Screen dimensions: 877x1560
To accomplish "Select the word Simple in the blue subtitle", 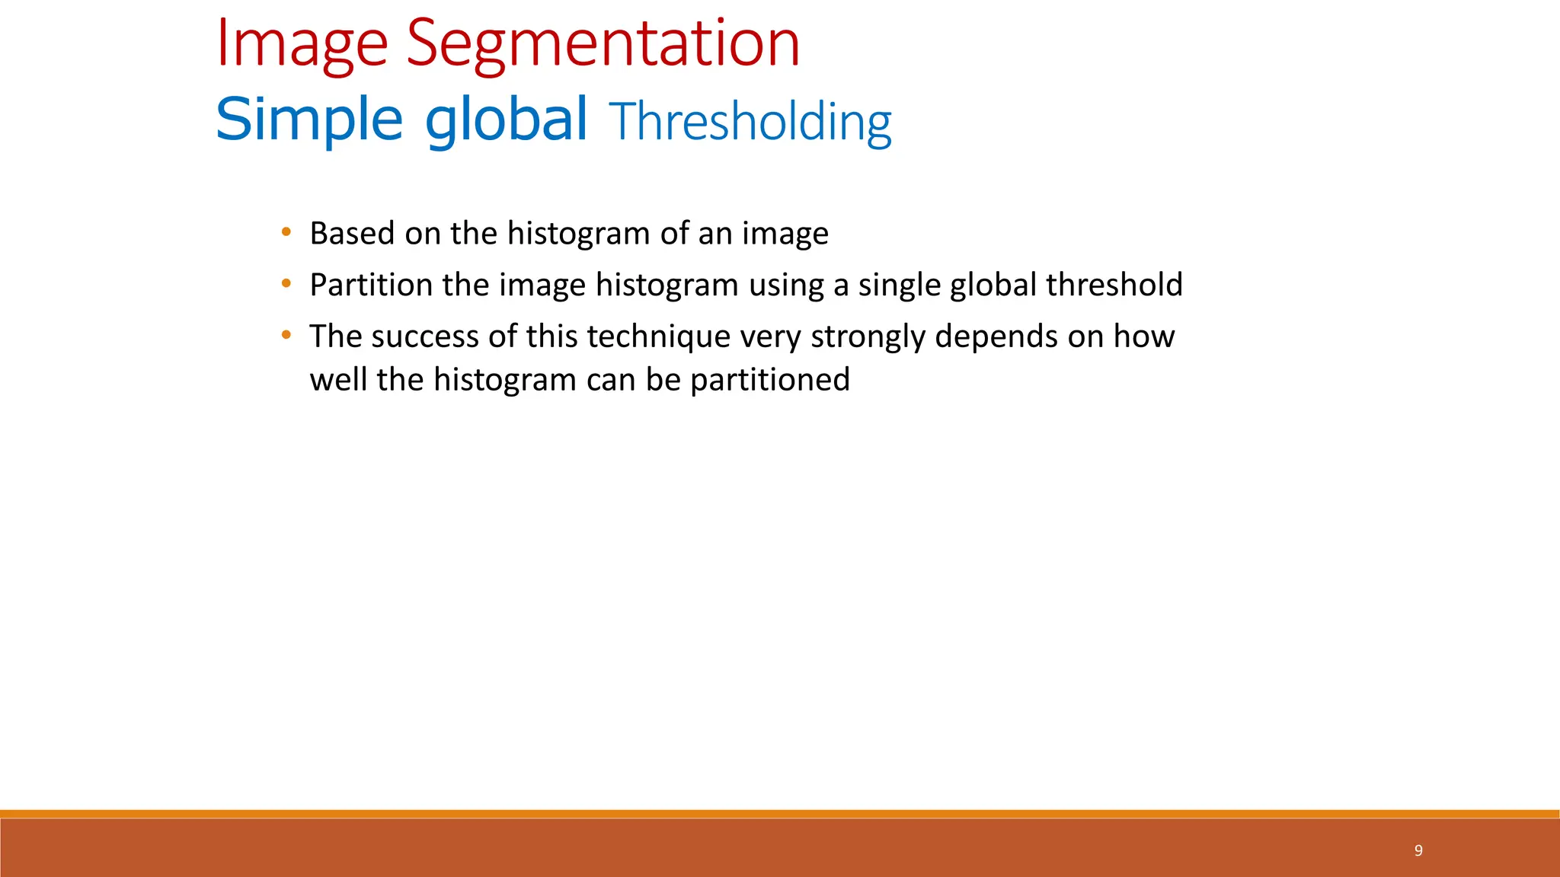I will [308, 120].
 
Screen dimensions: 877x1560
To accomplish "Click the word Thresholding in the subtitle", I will [750, 122].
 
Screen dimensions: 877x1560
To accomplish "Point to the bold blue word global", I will [506, 120].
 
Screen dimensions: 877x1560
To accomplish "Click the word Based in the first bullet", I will [352, 233].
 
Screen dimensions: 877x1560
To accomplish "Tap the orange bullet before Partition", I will [286, 283].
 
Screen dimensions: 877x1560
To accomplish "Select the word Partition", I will [371, 285].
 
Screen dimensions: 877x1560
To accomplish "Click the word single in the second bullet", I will [898, 285].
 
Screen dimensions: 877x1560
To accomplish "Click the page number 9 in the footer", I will [1418, 850].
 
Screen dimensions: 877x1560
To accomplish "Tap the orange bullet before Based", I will [286, 231].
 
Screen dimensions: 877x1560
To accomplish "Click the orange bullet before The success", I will [286, 334].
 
